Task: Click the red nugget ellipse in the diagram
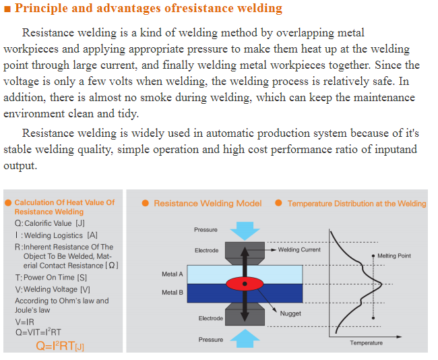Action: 245,284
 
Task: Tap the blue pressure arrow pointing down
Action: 245,231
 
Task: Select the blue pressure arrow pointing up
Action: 245,338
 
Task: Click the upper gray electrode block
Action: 245,253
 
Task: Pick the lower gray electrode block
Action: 245,314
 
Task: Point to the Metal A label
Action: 173,274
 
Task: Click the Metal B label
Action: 173,293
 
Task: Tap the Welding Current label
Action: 299,249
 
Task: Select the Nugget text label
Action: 290,313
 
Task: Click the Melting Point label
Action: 394,256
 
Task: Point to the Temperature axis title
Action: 366,343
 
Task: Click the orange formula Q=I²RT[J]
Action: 60,346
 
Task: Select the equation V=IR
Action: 24,322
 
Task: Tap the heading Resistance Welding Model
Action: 208,203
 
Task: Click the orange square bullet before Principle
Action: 7,9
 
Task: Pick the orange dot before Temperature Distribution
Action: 278,203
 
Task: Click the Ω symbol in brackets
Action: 112,265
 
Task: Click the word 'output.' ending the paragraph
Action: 20,166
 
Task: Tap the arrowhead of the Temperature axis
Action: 400,336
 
